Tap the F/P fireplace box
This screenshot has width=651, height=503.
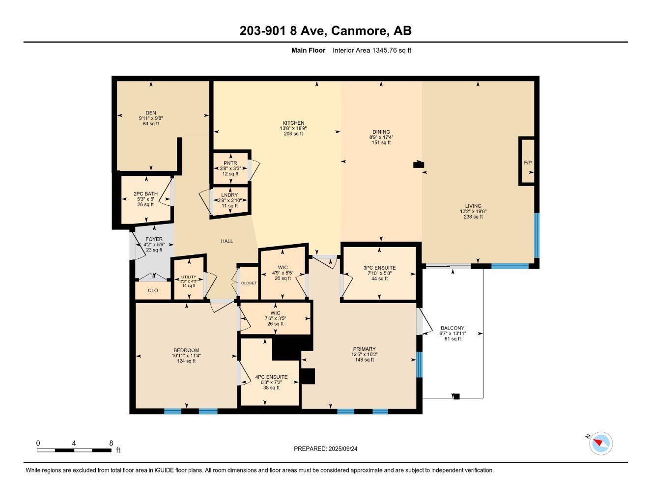pyautogui.click(x=528, y=162)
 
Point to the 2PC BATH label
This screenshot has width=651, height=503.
pyautogui.click(x=145, y=194)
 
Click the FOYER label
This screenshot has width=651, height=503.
pyautogui.click(x=154, y=239)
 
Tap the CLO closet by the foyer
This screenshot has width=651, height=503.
pyautogui.click(x=153, y=290)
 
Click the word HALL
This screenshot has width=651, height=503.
pyautogui.click(x=226, y=241)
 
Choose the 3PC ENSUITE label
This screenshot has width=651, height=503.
pyautogui.click(x=379, y=268)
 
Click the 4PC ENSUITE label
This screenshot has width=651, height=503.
pyautogui.click(x=271, y=377)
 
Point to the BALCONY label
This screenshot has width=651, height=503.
pyautogui.click(x=452, y=328)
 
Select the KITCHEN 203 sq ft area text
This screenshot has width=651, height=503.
pyautogui.click(x=293, y=134)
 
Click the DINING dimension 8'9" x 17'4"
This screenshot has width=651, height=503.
pyautogui.click(x=381, y=137)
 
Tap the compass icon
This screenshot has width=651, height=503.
pyautogui.click(x=600, y=444)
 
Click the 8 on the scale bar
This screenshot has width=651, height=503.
pyautogui.click(x=111, y=443)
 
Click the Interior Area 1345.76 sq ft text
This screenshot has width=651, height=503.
pyautogui.click(x=371, y=50)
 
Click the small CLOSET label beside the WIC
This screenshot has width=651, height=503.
pyautogui.click(x=249, y=283)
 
